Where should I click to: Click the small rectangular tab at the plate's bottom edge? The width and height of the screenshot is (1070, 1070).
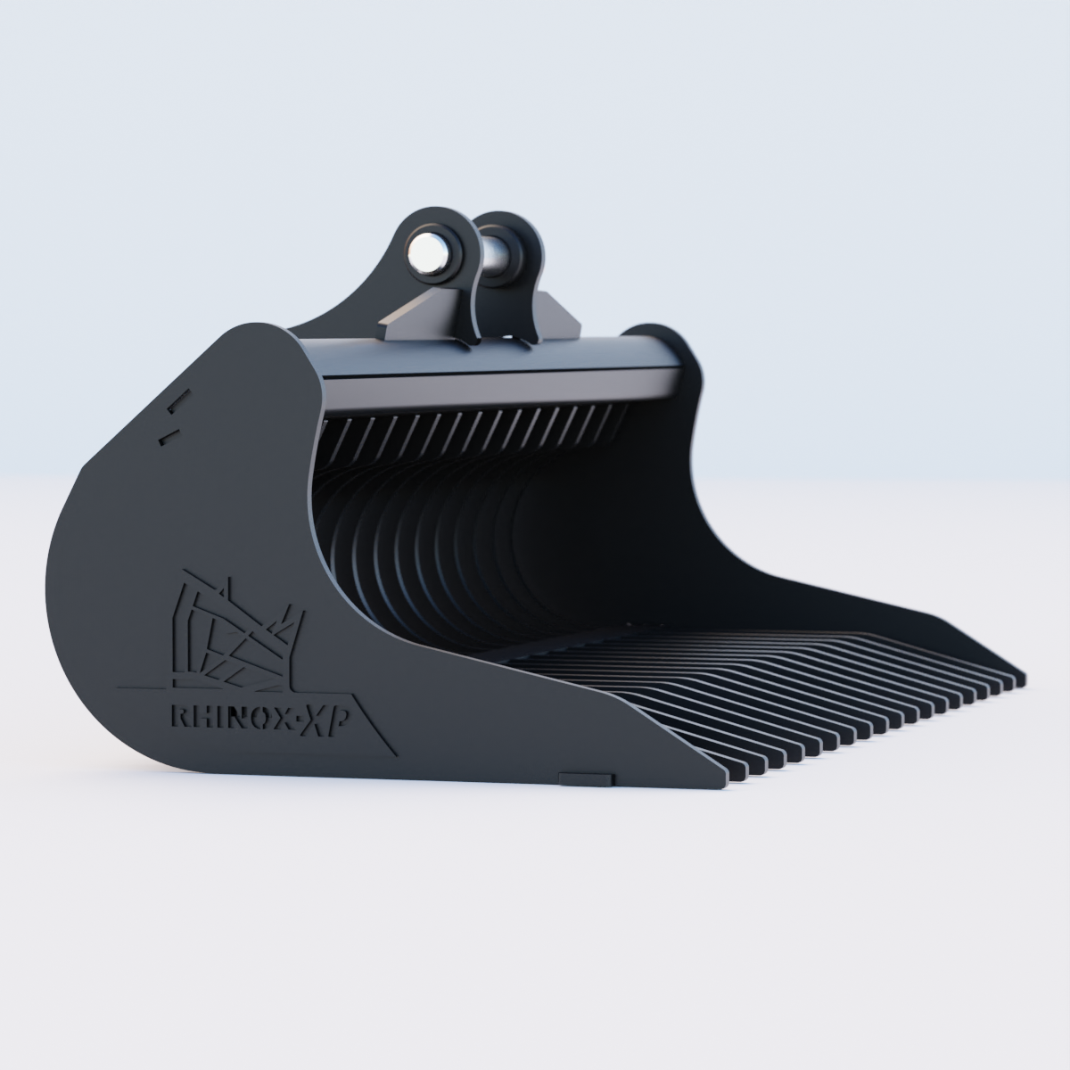tap(586, 778)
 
